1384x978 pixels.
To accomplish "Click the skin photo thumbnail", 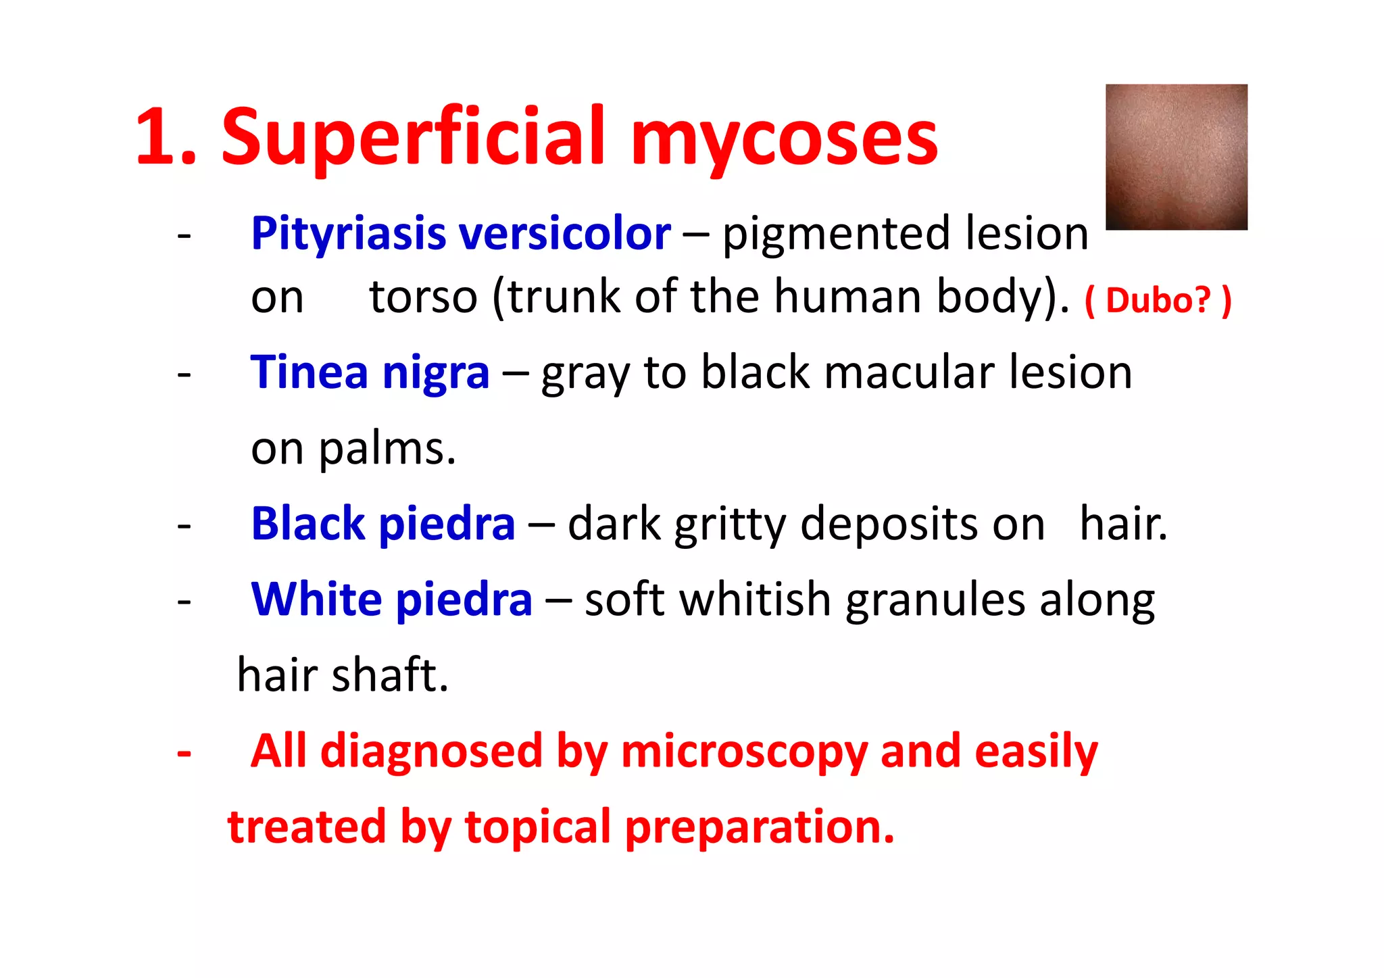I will pyautogui.click(x=1176, y=157).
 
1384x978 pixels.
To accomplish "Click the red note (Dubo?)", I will pyautogui.click(x=1158, y=299).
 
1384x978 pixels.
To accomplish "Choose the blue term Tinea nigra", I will pyautogui.click(x=370, y=372).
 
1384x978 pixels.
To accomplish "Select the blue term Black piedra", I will pyautogui.click(x=382, y=524).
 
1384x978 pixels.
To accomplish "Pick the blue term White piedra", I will pyautogui.click(x=391, y=600).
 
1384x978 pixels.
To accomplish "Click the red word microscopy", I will pyautogui.click(x=743, y=752).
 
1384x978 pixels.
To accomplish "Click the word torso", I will pyautogui.click(x=424, y=297).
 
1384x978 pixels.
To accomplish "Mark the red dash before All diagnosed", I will pyautogui.click(x=184, y=752).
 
